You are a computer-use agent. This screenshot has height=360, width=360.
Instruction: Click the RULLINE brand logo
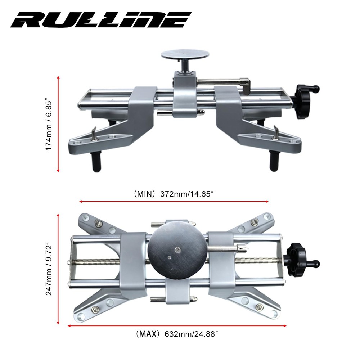(x=100, y=20)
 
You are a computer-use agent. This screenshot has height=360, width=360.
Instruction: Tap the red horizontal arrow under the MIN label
(x=174, y=202)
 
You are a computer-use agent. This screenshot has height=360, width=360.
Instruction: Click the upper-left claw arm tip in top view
(x=85, y=217)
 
